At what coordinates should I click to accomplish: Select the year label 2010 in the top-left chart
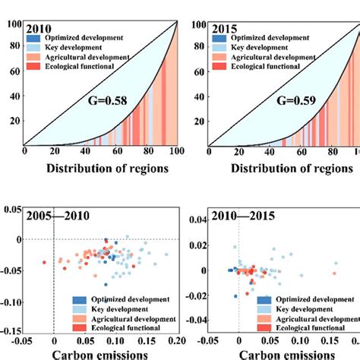39,29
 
